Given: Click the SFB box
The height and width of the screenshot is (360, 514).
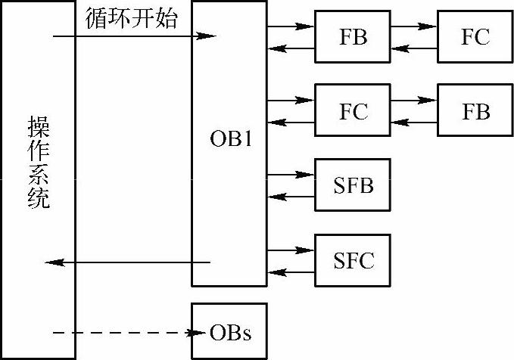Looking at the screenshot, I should coord(353,185).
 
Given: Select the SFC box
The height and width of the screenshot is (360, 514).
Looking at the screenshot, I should coord(353,261).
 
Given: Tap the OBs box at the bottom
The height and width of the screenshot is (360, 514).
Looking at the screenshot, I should coord(229,332).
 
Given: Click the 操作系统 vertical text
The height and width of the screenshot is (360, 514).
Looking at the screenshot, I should coord(39,162).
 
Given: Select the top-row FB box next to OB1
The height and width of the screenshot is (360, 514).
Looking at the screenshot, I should coord(353,37).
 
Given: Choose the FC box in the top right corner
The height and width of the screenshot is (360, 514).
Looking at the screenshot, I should coord(475,37).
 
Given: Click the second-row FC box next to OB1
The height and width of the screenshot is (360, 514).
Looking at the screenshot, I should coord(353,112).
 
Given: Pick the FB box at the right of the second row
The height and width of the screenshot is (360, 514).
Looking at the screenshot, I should coord(475,112).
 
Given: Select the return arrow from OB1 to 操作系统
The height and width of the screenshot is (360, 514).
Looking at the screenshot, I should coord(129,262).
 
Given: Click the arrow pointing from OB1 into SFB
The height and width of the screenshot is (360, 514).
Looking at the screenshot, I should coord(291,175).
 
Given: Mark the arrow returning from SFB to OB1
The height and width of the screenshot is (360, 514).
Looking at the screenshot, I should coord(291,197).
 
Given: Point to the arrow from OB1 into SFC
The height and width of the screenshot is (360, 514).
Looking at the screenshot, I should coord(291,249).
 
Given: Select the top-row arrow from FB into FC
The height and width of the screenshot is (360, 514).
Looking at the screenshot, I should coord(414,26).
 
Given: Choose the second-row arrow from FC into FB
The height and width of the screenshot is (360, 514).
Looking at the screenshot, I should coord(414,100).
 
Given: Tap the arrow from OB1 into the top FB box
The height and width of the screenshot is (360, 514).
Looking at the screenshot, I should coord(291,26).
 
